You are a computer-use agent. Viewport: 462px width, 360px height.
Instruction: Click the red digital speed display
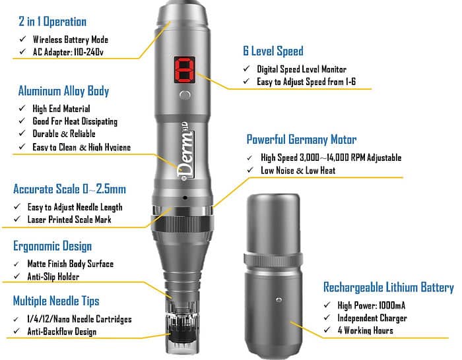(x=185, y=70)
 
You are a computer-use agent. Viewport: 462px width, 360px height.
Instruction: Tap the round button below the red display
(x=185, y=96)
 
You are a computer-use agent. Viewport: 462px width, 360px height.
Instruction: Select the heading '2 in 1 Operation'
(x=52, y=22)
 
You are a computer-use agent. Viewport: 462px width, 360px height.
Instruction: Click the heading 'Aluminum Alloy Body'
(x=63, y=91)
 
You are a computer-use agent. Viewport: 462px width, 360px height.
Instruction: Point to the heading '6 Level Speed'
(x=273, y=51)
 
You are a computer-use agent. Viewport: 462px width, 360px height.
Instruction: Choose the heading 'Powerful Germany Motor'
(x=302, y=139)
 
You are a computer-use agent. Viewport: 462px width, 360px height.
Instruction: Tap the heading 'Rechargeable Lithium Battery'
(x=389, y=287)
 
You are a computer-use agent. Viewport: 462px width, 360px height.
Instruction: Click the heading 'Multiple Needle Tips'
(x=56, y=301)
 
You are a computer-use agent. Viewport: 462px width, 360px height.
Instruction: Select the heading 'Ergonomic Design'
(x=52, y=246)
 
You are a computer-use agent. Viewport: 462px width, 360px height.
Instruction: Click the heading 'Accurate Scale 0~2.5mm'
(x=69, y=189)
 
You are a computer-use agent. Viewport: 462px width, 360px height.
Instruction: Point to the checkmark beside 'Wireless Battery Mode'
(x=22, y=39)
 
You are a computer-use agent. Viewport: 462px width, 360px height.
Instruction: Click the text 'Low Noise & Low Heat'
(x=298, y=170)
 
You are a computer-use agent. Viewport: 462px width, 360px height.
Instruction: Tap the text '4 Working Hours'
(x=366, y=330)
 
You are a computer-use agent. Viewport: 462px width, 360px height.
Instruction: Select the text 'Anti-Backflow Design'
(x=62, y=332)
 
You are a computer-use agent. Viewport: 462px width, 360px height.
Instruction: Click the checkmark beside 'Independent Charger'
(x=327, y=318)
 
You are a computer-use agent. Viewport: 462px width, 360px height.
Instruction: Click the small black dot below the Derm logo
(x=185, y=198)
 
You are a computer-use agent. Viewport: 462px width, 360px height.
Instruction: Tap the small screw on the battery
(x=279, y=300)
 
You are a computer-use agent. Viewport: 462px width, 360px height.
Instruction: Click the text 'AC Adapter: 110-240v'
(x=68, y=52)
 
